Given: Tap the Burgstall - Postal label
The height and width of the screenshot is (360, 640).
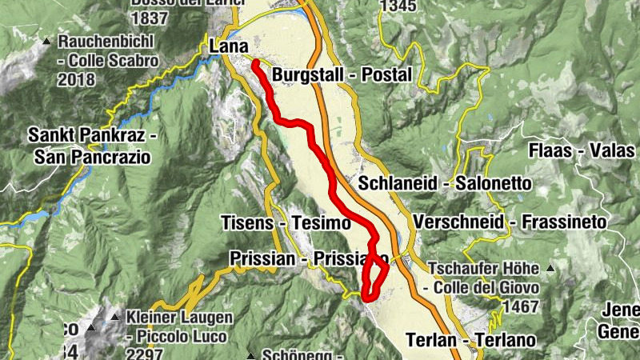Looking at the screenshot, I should (342, 75).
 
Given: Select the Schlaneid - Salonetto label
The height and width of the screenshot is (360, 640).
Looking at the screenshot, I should (445, 183).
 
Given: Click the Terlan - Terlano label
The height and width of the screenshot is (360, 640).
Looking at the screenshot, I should (470, 339).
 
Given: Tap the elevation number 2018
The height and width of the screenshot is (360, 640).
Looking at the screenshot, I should (77, 81).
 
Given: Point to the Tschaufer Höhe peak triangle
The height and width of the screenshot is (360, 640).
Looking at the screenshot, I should (550, 268).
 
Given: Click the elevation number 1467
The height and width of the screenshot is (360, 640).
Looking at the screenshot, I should (517, 307).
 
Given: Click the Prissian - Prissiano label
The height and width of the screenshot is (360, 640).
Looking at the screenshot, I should (308, 258).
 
